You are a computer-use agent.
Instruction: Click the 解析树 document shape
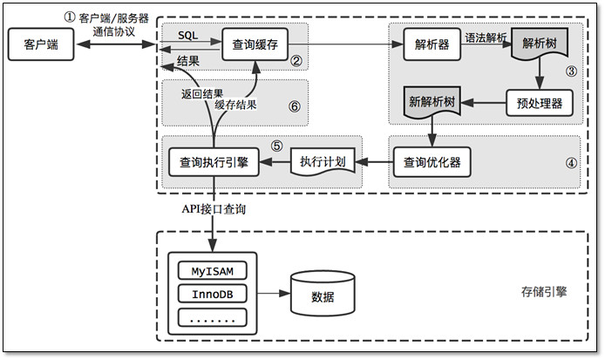tap(540, 44)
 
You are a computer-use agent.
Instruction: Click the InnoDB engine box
tap(212, 294)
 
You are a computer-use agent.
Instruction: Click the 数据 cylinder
tap(322, 294)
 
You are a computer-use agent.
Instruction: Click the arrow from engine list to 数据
tap(273, 294)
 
